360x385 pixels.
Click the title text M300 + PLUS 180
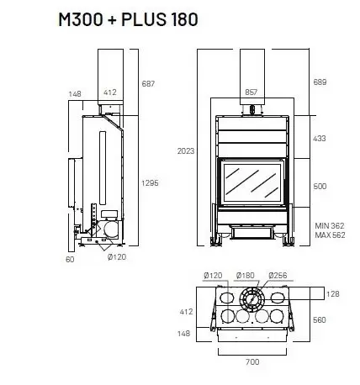[x=128, y=19]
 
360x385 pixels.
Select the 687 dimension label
[x=148, y=84]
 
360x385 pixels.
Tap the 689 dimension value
[x=320, y=82]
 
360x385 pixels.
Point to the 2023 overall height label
[x=186, y=151]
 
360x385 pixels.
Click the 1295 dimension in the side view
[x=150, y=183]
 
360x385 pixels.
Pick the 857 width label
[x=251, y=92]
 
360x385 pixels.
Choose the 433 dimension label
[x=320, y=139]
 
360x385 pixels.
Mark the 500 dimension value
[x=320, y=187]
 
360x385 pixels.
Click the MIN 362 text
[x=330, y=226]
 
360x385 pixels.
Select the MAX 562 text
[x=330, y=235]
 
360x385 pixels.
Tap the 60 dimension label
[x=70, y=260]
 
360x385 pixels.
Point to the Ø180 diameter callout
[x=246, y=276]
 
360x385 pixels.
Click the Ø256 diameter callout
[x=278, y=276]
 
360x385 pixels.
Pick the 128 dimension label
[x=333, y=294]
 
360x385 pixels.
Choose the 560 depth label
[x=320, y=319]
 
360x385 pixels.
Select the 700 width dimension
[x=252, y=362]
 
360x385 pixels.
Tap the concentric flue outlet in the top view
[x=251, y=298]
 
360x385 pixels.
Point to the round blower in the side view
[x=111, y=229]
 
